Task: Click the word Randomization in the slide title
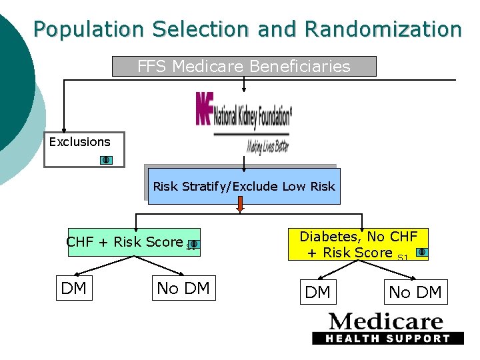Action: [x=383, y=29]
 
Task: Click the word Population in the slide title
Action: [x=89, y=29]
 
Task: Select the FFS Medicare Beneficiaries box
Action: [x=243, y=66]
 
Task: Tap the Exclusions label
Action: [x=79, y=141]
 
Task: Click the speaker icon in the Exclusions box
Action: [x=106, y=160]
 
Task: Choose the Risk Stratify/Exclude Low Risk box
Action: [x=243, y=186]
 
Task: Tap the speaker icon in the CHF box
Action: [x=192, y=245]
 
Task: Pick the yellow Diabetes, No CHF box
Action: [x=358, y=244]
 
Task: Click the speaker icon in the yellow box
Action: [x=421, y=253]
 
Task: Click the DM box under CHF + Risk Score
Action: [x=73, y=288]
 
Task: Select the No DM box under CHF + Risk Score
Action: [x=183, y=288]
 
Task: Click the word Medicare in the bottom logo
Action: [x=386, y=321]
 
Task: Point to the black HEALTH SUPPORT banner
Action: [x=387, y=338]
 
